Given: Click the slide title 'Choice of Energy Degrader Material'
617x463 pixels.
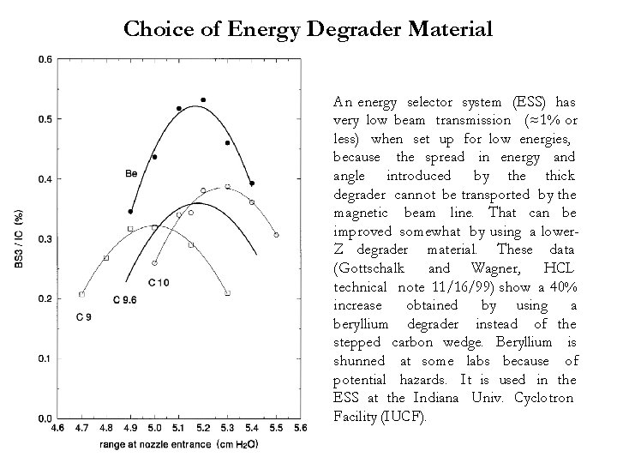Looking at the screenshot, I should coord(308,29).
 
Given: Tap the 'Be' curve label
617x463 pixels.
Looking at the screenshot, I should coord(131,174).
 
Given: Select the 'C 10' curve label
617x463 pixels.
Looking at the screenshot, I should coord(159,283).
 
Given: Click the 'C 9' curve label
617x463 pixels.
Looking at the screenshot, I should coord(83,318).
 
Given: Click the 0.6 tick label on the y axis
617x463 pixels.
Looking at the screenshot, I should coord(42,59).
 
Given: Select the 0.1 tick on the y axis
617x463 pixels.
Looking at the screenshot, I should coord(42,358).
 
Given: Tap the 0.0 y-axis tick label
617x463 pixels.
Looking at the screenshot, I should coord(42,418).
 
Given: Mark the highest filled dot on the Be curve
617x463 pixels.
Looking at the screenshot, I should coord(203,100).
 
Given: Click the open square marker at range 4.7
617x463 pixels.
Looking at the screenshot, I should coord(81,294).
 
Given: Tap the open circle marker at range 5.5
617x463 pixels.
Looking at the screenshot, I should coord(276,235).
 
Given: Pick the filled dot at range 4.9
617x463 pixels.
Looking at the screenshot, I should coord(130,211).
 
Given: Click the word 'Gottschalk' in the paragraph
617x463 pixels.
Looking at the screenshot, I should coord(369,268).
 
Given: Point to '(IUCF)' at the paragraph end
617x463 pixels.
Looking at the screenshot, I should coord(413,417).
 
